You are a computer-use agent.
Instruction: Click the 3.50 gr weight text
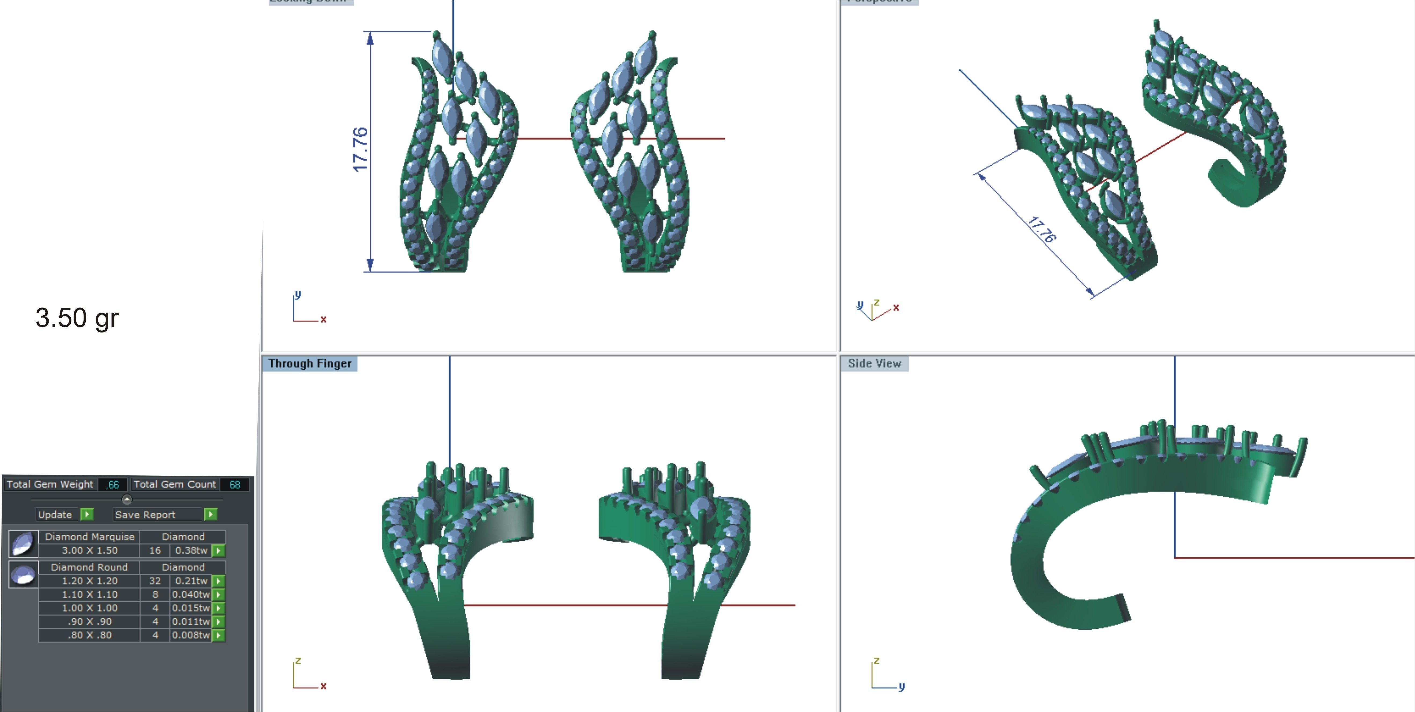pos(77,318)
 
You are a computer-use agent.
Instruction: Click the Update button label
pos(55,515)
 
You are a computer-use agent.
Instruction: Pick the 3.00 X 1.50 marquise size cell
pos(89,551)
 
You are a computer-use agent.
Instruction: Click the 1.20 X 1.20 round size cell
pos(89,581)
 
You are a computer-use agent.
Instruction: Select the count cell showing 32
pos(155,581)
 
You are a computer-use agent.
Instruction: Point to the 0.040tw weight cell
pos(191,594)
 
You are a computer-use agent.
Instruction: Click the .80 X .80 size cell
pos(89,635)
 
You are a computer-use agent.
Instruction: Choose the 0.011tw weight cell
pos(191,621)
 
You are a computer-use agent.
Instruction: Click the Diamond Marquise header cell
pos(89,537)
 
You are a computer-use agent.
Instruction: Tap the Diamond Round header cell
pos(89,567)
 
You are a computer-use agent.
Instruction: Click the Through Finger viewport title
pos(310,364)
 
